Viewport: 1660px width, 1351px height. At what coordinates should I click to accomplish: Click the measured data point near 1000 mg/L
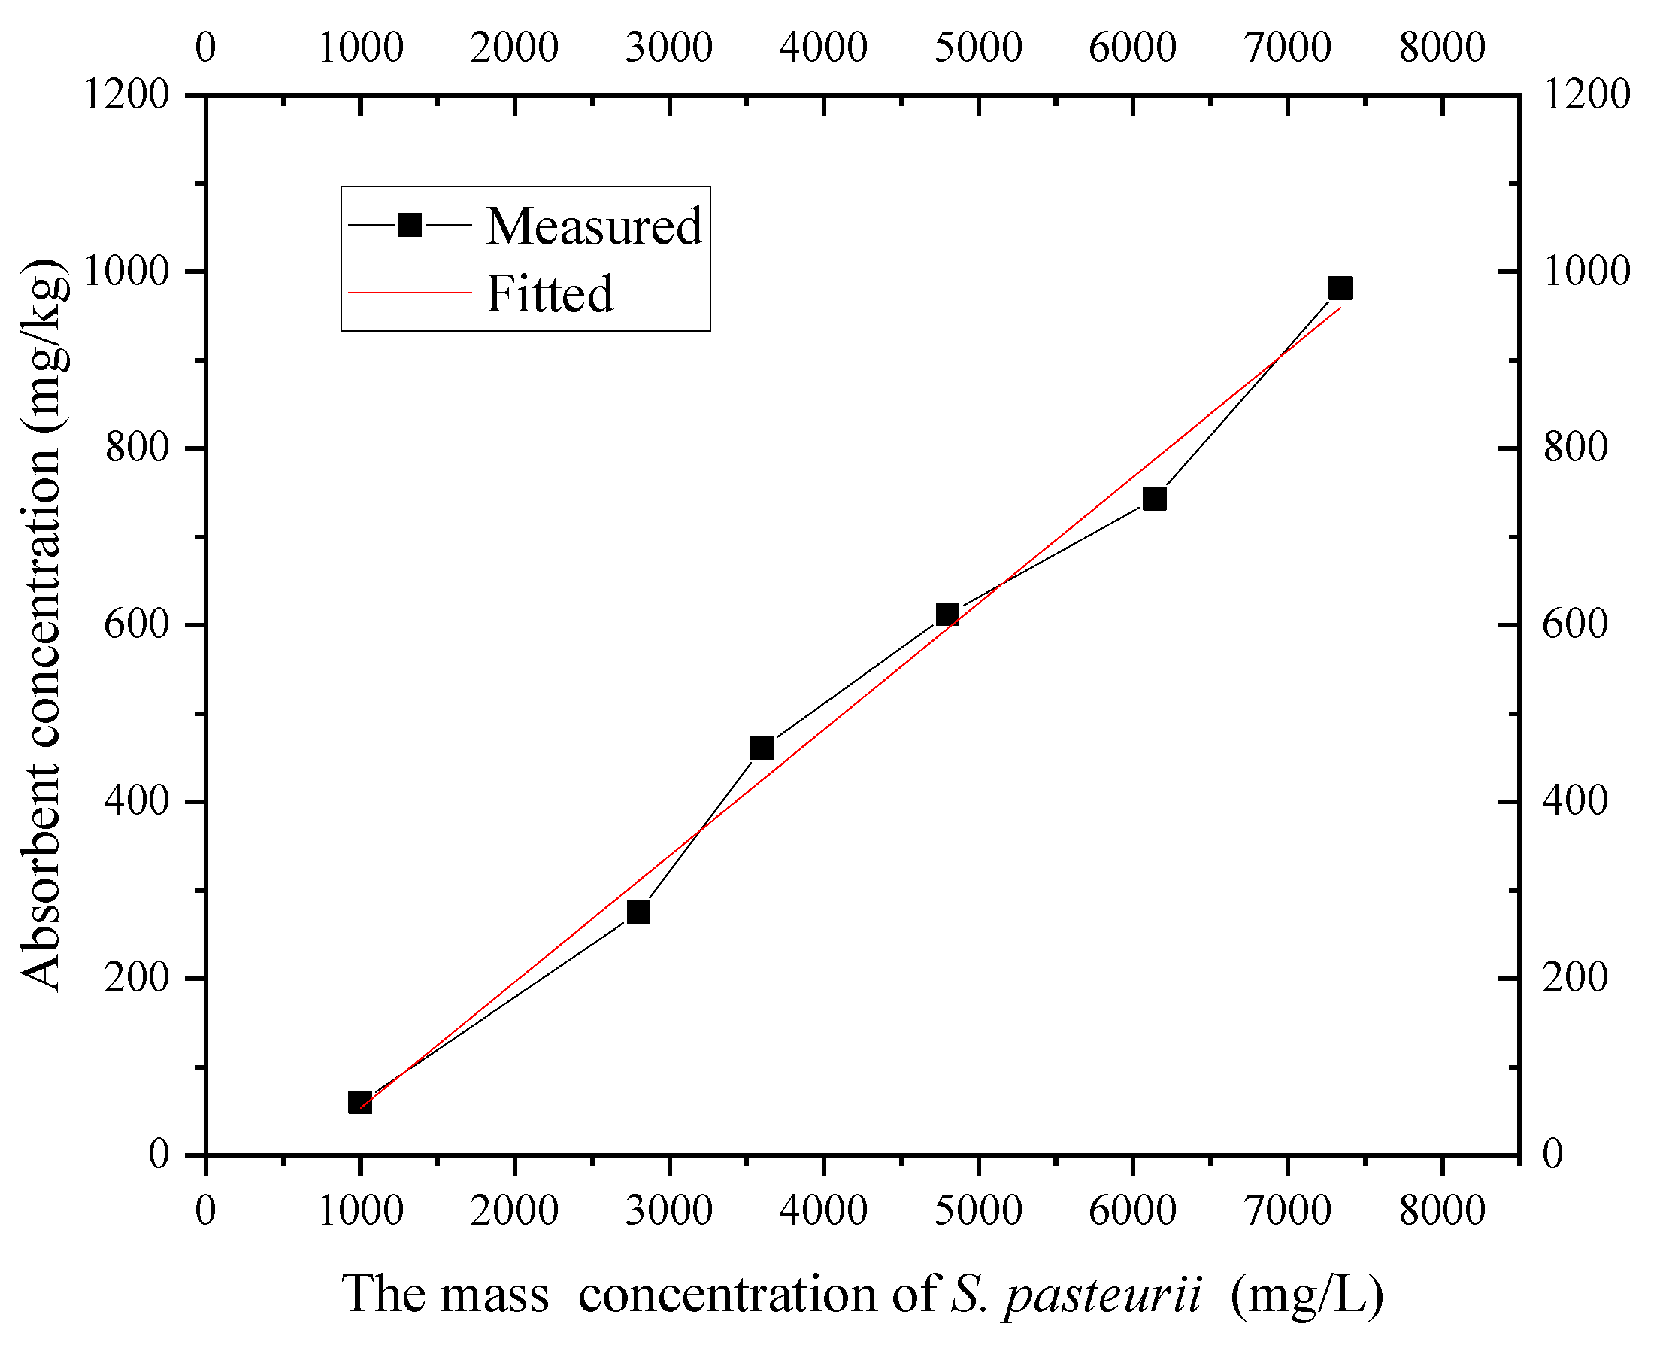tap(359, 1102)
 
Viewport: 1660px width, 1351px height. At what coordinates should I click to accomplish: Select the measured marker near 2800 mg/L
tap(638, 912)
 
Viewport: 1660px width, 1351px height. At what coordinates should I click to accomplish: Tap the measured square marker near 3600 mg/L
tap(762, 748)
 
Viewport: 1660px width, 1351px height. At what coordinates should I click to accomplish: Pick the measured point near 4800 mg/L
tap(947, 615)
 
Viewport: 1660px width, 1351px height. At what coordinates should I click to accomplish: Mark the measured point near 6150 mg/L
tap(1154, 499)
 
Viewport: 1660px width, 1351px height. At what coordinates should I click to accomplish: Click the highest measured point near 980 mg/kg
tap(1340, 289)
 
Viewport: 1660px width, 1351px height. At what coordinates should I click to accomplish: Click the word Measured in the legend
tap(594, 226)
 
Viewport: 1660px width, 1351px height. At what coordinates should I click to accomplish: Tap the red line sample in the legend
tap(410, 293)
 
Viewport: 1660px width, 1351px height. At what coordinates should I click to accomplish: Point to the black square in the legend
tap(409, 226)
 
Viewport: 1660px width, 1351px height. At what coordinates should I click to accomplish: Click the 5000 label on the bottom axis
tap(977, 1211)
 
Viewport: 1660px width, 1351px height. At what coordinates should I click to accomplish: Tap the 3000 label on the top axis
tap(669, 47)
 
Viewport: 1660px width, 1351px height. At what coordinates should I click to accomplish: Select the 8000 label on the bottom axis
tap(1441, 1211)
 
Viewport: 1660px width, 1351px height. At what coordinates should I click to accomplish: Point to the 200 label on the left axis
tap(137, 977)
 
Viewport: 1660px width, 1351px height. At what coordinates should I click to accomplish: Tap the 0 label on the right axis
tap(1552, 1154)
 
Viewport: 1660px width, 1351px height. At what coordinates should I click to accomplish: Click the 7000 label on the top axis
tap(1287, 47)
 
